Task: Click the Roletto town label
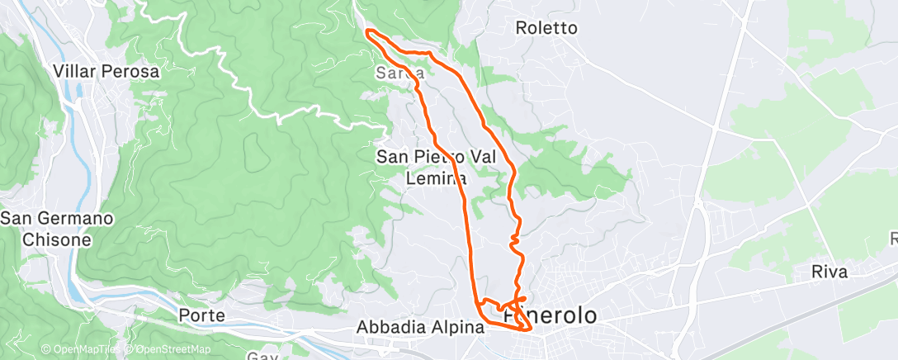546,28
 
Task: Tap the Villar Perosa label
106,72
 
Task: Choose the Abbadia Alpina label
419,327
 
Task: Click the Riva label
829,272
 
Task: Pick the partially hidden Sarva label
399,73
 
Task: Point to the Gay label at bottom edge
262,356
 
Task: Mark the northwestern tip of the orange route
368,32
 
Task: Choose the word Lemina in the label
437,177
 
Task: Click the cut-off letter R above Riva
893,239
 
